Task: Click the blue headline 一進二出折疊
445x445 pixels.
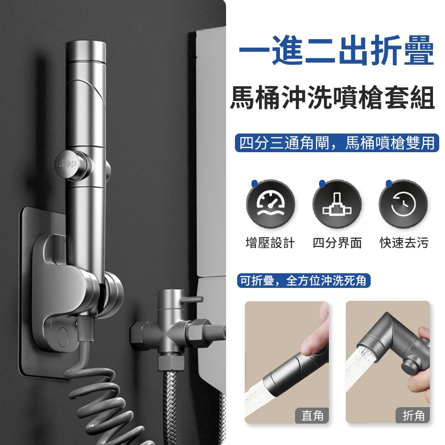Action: point(336,53)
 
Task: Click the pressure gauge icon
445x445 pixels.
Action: point(271,204)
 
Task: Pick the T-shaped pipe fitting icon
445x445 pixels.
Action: point(337,204)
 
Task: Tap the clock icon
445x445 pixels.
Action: point(403,204)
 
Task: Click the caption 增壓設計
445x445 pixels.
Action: point(270,243)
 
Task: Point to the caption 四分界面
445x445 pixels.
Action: point(337,243)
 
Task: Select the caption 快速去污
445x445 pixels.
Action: point(404,243)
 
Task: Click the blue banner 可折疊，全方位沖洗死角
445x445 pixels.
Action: point(303,281)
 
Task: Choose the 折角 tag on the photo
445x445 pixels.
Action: point(413,416)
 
